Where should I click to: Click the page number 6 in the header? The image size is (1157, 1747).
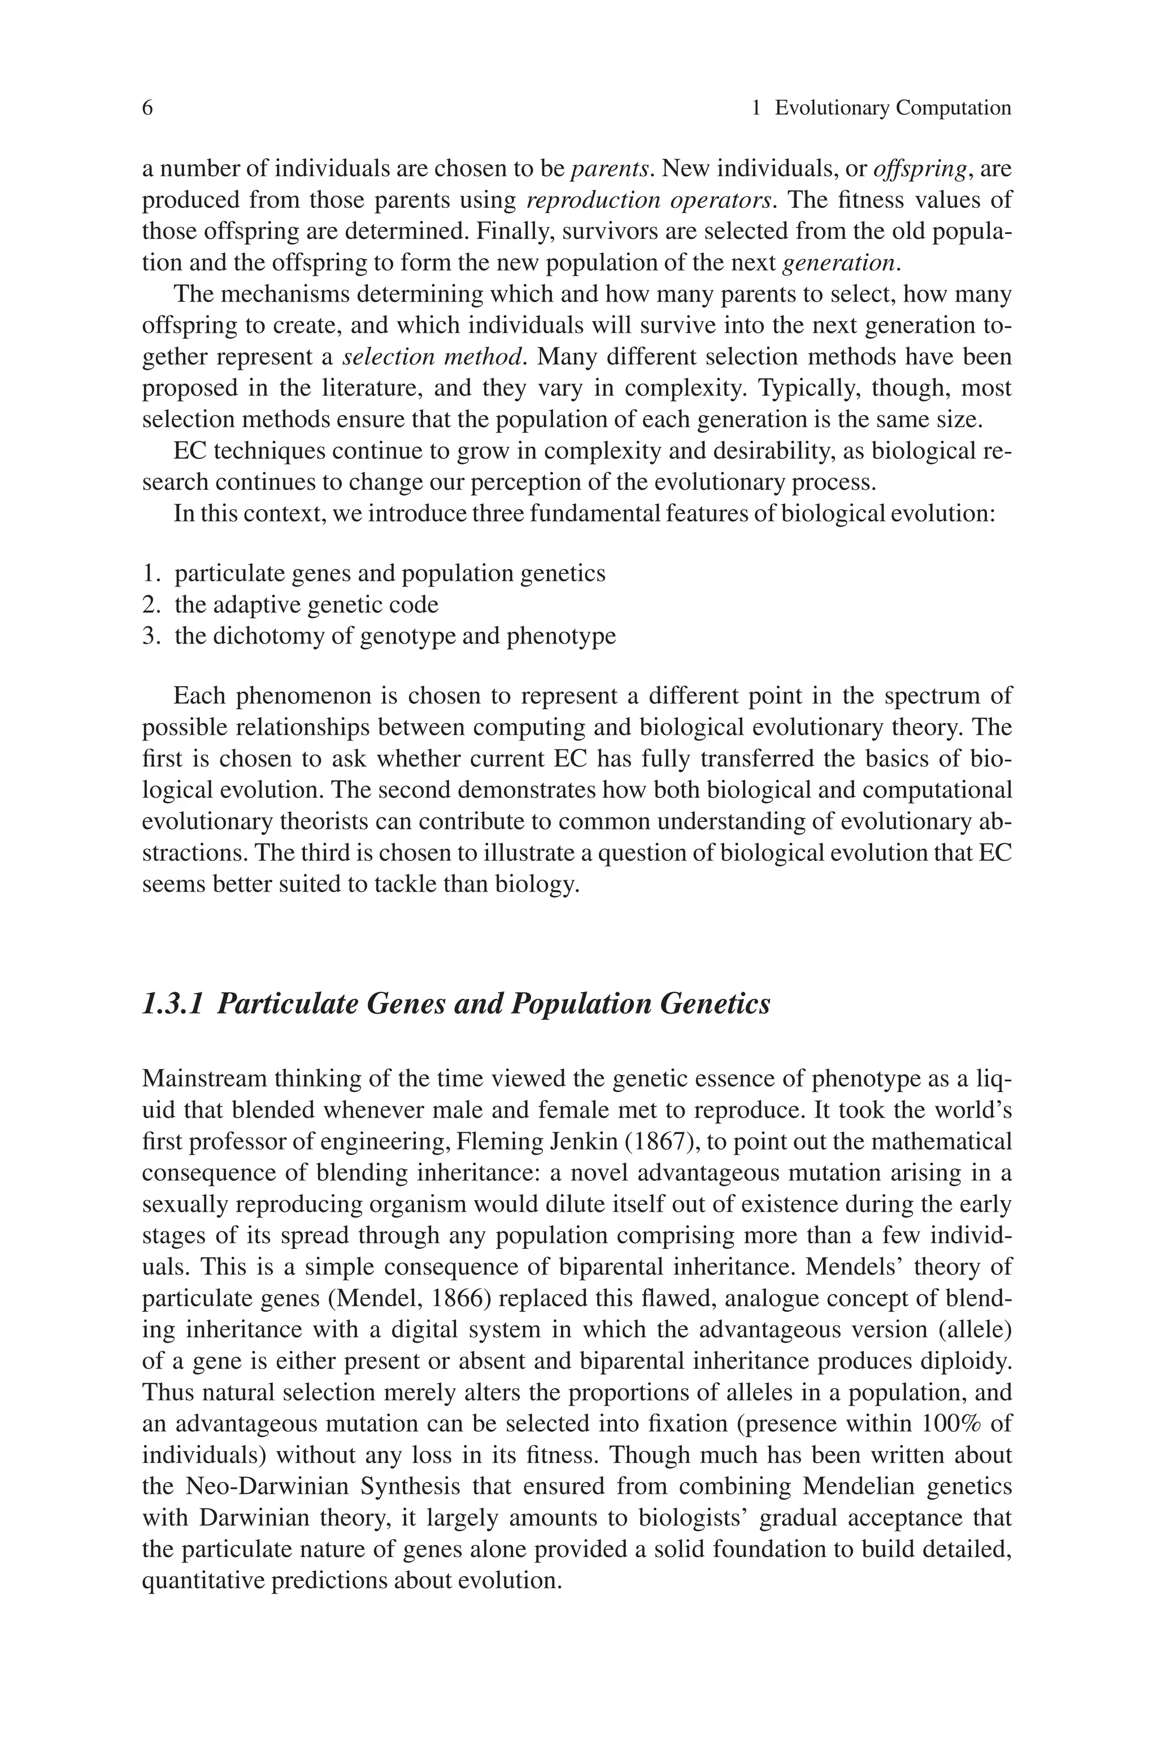coord(147,108)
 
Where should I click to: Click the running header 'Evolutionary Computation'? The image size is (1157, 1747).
coord(893,108)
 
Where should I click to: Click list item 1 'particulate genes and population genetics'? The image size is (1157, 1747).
coord(390,573)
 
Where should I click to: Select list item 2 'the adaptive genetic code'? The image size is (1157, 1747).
coord(306,605)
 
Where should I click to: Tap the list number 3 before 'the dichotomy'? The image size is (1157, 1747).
coord(150,636)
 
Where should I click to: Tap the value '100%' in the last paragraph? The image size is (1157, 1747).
coord(952,1424)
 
